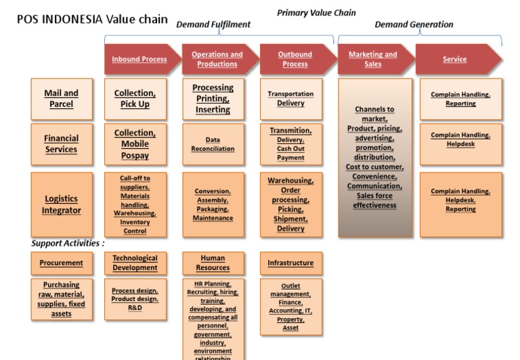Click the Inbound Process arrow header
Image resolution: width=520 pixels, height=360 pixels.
click(x=139, y=60)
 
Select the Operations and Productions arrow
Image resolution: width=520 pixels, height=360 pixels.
click(x=217, y=60)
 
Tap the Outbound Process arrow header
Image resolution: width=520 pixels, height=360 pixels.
click(x=295, y=60)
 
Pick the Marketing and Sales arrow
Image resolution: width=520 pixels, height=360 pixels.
click(x=373, y=60)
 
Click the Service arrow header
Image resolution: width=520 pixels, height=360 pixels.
click(x=455, y=60)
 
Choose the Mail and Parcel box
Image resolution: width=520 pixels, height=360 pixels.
click(x=62, y=99)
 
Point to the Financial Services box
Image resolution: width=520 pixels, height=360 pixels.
click(x=62, y=144)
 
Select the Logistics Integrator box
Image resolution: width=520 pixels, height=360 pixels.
click(x=62, y=204)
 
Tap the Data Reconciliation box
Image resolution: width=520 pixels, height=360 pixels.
click(x=213, y=144)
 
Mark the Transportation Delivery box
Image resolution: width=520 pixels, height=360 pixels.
click(x=290, y=99)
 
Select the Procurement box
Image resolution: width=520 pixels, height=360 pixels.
click(x=62, y=263)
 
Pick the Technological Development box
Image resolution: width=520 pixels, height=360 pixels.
click(x=135, y=263)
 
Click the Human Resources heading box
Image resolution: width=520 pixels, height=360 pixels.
click(x=213, y=263)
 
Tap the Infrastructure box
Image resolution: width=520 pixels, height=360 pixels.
click(x=290, y=263)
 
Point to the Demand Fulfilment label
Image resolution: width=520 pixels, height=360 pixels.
click(x=213, y=24)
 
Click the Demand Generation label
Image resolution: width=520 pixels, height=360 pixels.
click(x=414, y=24)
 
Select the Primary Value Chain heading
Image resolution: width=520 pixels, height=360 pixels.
click(x=316, y=12)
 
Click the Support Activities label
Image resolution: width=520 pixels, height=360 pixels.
click(x=68, y=243)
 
